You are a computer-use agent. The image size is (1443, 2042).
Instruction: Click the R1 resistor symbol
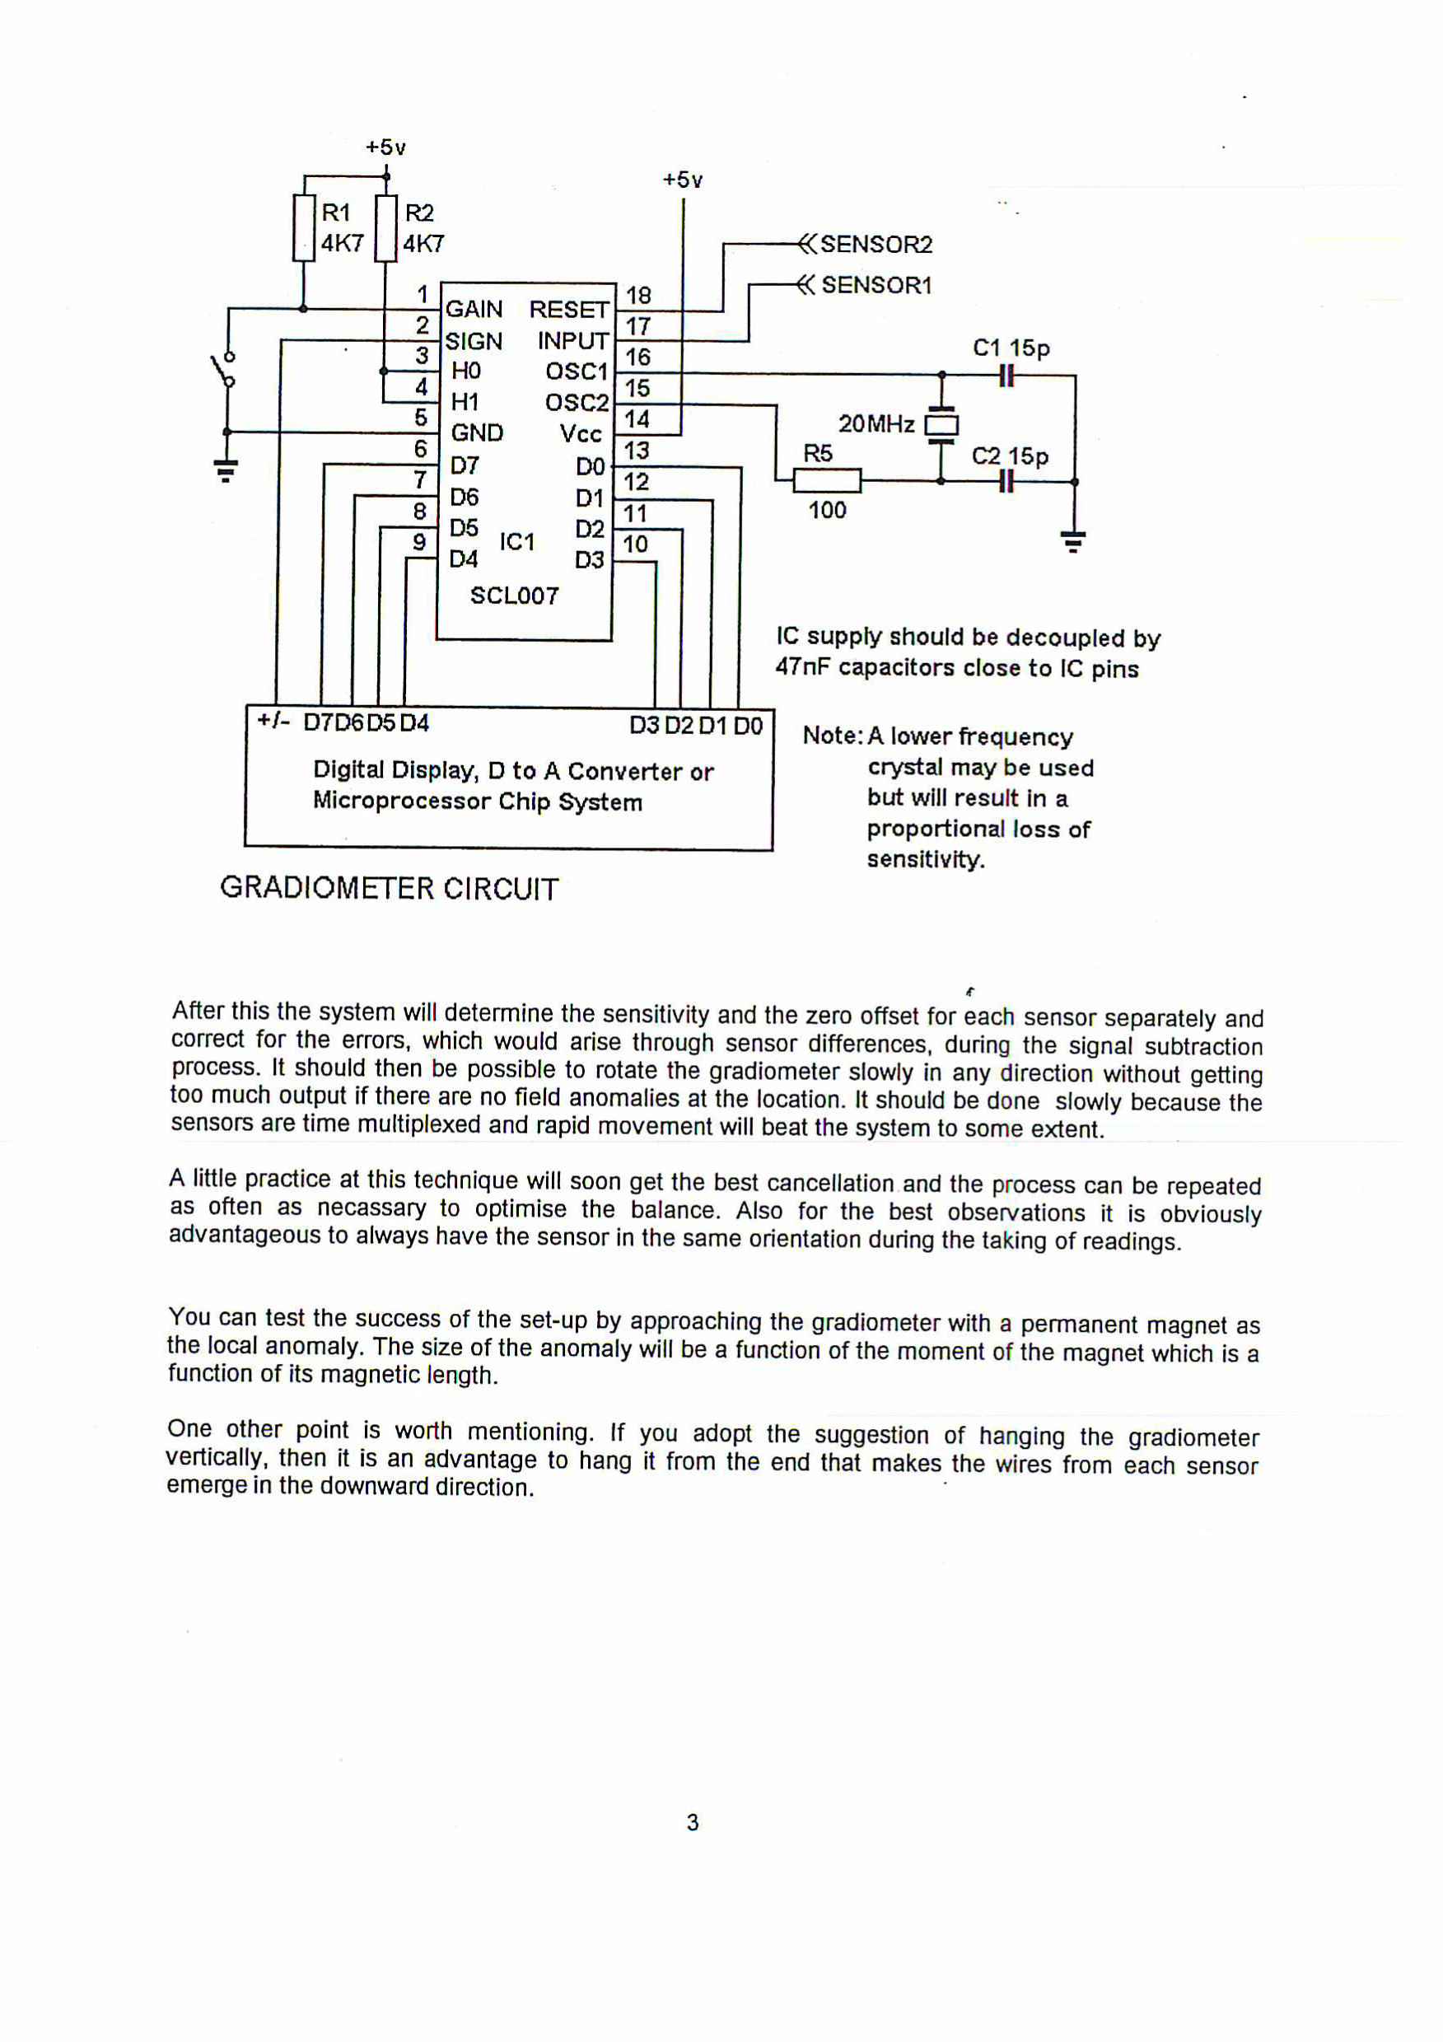coord(303,228)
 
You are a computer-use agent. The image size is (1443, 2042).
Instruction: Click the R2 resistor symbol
coord(385,228)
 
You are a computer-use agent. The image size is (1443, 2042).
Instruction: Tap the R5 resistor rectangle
coord(827,481)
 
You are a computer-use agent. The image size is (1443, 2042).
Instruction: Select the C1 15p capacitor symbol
coord(1006,376)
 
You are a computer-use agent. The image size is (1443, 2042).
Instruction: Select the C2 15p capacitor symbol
coord(1006,481)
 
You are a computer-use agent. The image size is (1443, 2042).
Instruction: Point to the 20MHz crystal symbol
coord(941,425)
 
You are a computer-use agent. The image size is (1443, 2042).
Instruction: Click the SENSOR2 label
coord(876,245)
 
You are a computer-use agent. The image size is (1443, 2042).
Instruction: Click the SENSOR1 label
coord(876,286)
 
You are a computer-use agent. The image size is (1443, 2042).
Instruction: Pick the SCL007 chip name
coord(514,596)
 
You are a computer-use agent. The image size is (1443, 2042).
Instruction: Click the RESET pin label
coord(568,310)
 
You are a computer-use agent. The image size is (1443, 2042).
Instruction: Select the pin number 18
coord(638,295)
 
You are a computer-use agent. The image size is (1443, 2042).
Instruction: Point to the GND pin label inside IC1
coord(477,433)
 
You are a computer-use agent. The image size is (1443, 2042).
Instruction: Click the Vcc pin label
coord(581,434)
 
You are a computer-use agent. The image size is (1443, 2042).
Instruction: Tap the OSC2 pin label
coord(577,403)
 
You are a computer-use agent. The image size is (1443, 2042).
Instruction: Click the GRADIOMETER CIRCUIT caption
coord(390,889)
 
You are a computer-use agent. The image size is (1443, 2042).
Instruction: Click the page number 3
coord(693,1822)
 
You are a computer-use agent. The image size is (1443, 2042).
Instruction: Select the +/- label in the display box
coord(273,722)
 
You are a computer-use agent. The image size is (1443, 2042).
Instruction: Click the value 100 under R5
coord(827,511)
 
